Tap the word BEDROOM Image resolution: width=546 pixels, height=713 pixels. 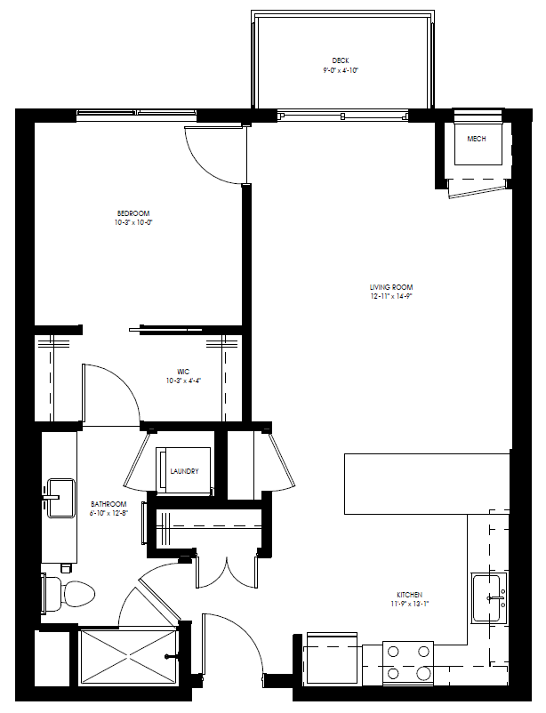tap(133, 212)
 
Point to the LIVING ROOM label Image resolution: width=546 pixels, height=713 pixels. tap(391, 287)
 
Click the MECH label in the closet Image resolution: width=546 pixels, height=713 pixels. tap(476, 140)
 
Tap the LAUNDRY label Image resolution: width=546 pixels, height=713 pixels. tap(184, 471)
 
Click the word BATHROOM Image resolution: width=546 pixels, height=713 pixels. tap(108, 503)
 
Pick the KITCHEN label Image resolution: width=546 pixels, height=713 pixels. tap(410, 595)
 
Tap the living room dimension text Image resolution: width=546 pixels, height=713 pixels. tap(391, 297)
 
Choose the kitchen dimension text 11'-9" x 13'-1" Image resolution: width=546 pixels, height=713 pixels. tap(410, 605)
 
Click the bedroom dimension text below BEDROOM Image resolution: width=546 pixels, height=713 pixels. tap(133, 222)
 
